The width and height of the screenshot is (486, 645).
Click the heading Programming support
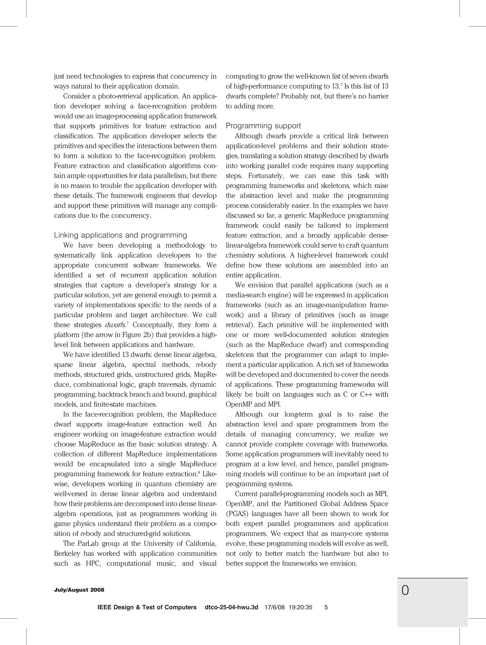pyautogui.click(x=263, y=126)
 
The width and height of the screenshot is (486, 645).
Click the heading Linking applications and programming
pyautogui.click(x=121, y=235)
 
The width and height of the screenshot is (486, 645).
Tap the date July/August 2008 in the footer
pyautogui.click(x=79, y=590)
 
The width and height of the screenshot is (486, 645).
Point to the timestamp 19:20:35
pyautogui.click(x=300, y=607)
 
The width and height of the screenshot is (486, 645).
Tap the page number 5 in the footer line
pyautogui.click(x=326, y=607)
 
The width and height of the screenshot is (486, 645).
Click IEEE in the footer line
pyautogui.click(x=104, y=607)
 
